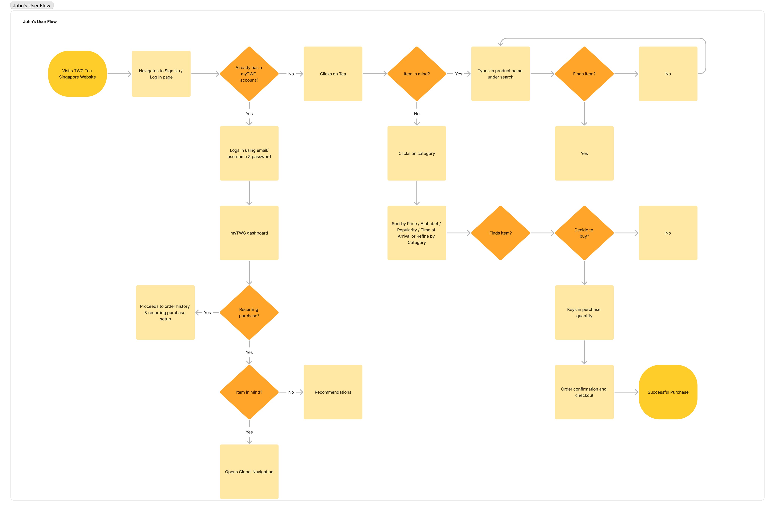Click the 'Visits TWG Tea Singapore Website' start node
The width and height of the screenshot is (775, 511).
point(77,74)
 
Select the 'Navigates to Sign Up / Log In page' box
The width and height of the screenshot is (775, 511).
point(161,74)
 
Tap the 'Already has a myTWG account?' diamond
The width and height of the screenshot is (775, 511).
point(249,74)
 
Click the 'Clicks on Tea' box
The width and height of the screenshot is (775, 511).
point(333,74)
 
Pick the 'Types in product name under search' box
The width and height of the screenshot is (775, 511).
point(500,74)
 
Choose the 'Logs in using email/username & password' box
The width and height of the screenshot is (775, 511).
point(249,153)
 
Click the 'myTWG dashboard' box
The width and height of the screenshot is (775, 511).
point(249,233)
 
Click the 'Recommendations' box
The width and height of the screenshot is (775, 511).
point(333,392)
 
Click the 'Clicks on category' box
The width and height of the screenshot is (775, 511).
point(416,153)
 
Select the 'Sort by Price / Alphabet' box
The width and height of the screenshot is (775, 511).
point(416,233)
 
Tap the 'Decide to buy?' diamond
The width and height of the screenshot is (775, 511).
point(584,233)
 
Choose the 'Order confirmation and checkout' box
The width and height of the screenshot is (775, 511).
point(584,392)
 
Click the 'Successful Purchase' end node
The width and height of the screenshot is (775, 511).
point(668,392)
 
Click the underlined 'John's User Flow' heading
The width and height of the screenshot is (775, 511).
point(40,22)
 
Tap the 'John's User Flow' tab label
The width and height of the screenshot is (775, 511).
point(32,5)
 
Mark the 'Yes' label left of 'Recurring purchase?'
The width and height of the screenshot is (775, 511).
point(207,313)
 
